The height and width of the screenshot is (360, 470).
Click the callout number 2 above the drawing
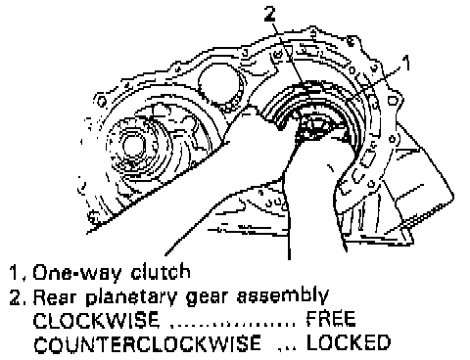tap(270, 14)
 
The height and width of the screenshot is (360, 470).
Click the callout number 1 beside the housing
tap(405, 63)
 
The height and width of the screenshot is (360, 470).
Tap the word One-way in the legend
tap(77, 273)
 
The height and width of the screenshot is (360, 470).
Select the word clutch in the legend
tap(161, 272)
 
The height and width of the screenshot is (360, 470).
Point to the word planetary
tap(131, 297)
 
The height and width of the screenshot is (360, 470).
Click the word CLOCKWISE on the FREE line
tap(97, 320)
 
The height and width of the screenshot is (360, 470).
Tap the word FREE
tap(331, 319)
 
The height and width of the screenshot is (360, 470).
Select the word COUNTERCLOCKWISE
tap(147, 343)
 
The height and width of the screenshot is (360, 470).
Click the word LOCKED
tap(349, 342)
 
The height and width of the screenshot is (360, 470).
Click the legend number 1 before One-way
tap(14, 273)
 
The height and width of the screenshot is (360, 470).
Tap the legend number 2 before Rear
tap(15, 296)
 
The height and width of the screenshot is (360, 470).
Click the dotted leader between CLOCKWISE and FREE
tap(233, 325)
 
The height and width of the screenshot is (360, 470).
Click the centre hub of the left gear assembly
tap(133, 146)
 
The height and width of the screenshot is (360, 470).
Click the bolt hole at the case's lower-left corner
tap(94, 216)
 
